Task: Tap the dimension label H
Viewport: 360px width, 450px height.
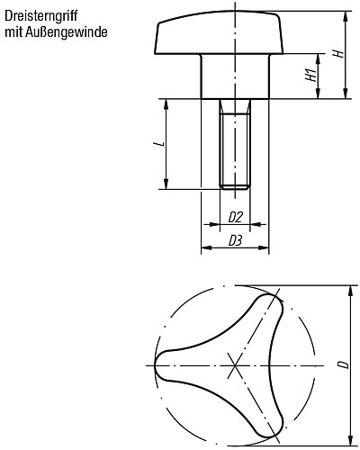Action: click(x=337, y=53)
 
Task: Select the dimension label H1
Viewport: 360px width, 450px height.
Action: click(x=310, y=76)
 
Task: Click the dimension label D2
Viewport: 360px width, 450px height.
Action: click(x=234, y=217)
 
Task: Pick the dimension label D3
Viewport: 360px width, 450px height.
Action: click(x=234, y=240)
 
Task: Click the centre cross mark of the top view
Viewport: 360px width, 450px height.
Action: click(x=235, y=364)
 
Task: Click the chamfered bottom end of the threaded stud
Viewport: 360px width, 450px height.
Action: click(x=234, y=186)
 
